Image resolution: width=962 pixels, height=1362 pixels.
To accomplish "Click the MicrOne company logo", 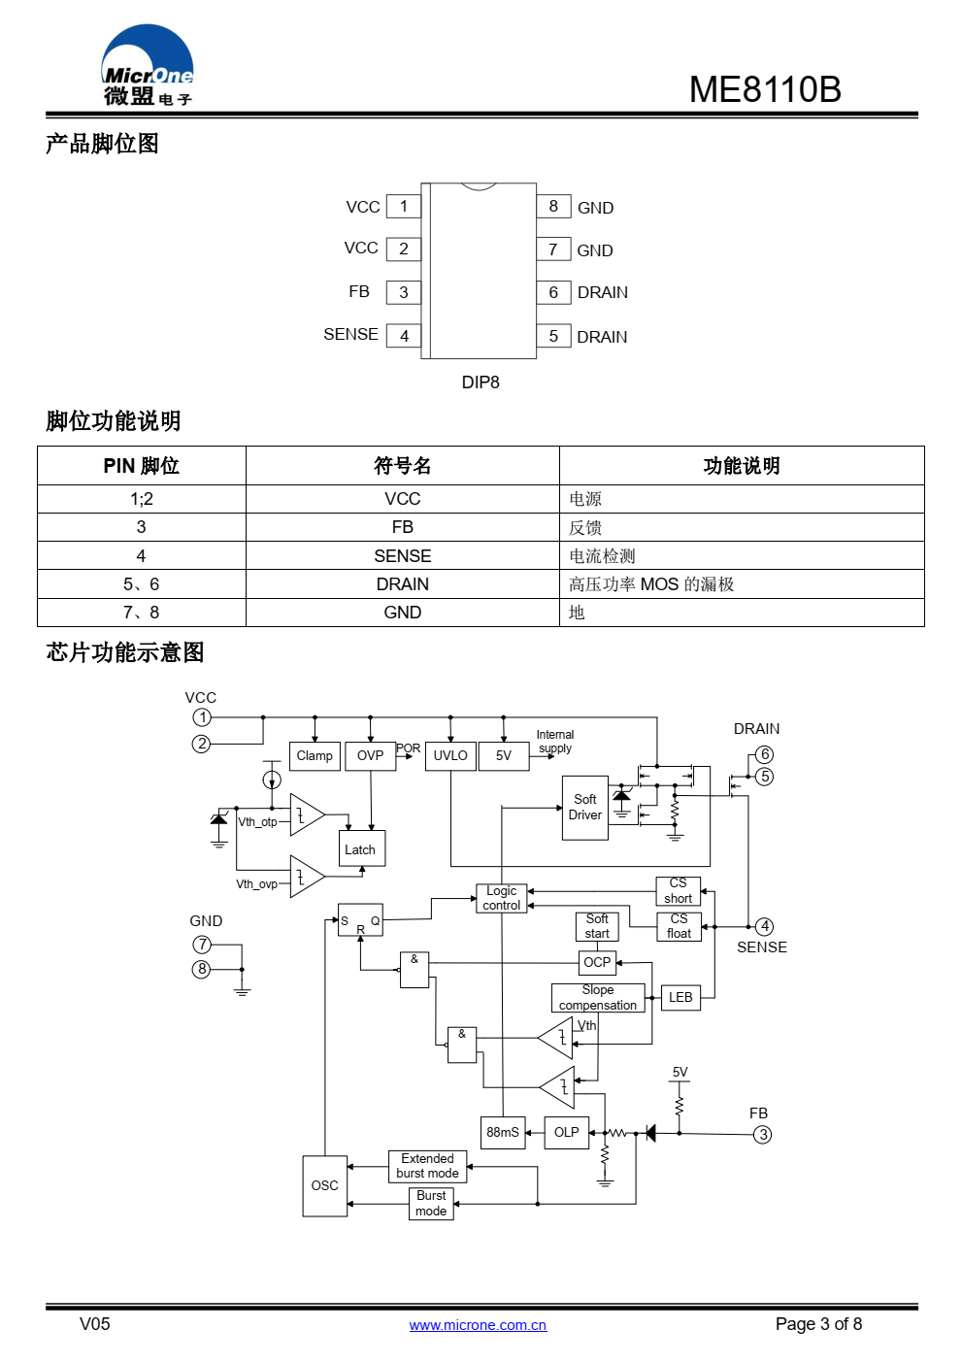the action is (x=148, y=65).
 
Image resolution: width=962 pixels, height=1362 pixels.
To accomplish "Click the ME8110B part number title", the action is (x=764, y=89).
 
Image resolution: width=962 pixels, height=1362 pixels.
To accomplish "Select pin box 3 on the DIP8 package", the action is (x=403, y=292).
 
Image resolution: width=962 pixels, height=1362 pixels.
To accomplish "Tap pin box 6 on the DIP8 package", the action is (x=553, y=292).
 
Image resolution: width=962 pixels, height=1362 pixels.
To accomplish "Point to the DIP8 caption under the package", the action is (x=481, y=382).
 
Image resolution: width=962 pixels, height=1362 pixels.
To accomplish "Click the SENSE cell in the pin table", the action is (x=403, y=555).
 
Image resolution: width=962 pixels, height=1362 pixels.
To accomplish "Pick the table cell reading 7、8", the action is (x=141, y=613).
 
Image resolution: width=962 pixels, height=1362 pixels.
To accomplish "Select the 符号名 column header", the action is (x=403, y=466).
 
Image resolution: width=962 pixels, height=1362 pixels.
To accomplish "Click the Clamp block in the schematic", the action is (x=315, y=756).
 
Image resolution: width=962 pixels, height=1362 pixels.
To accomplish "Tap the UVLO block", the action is (x=450, y=756).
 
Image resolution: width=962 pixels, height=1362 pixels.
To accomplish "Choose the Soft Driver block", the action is (x=585, y=808).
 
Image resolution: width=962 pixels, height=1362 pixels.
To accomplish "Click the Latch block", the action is (x=362, y=848).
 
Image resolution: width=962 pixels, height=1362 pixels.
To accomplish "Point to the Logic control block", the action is (x=502, y=898).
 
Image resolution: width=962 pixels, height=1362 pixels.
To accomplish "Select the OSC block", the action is (x=325, y=1185).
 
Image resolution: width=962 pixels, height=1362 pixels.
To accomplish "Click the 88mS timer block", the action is (x=503, y=1132).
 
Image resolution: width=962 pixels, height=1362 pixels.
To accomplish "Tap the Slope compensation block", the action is (x=598, y=998).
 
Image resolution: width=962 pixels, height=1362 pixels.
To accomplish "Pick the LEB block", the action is (x=680, y=997).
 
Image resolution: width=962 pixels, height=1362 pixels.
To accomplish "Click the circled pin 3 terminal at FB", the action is (x=763, y=1135).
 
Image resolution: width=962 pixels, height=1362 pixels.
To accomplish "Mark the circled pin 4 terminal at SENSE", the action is (x=764, y=927).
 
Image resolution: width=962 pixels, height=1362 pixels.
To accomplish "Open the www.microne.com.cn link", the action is (x=478, y=1325).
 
